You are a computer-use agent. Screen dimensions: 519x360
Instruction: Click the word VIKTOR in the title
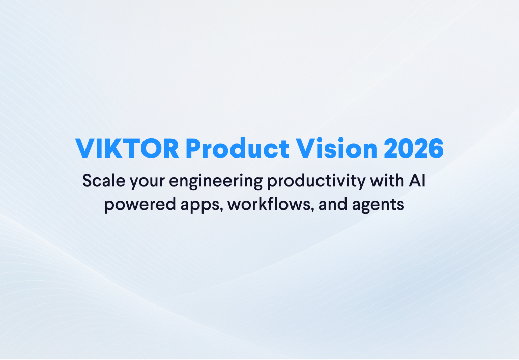click(127, 149)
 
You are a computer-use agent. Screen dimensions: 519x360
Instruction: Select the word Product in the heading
click(238, 148)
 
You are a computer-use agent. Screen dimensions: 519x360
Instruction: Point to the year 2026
click(414, 149)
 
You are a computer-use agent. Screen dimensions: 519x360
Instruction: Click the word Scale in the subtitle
click(104, 181)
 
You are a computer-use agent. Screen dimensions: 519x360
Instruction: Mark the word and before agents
click(333, 204)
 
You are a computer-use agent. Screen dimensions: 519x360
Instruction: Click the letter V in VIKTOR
click(85, 149)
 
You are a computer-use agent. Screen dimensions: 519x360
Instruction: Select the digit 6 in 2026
click(436, 149)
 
